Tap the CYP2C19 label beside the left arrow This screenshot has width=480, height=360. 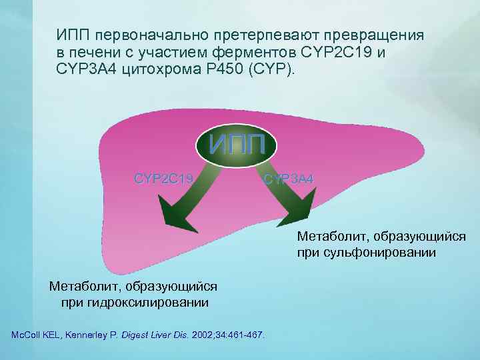tap(164, 178)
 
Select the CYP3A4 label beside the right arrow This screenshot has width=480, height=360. tap(288, 179)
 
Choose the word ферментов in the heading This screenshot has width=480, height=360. tap(253, 51)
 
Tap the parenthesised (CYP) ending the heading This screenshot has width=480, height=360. tap(271, 69)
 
